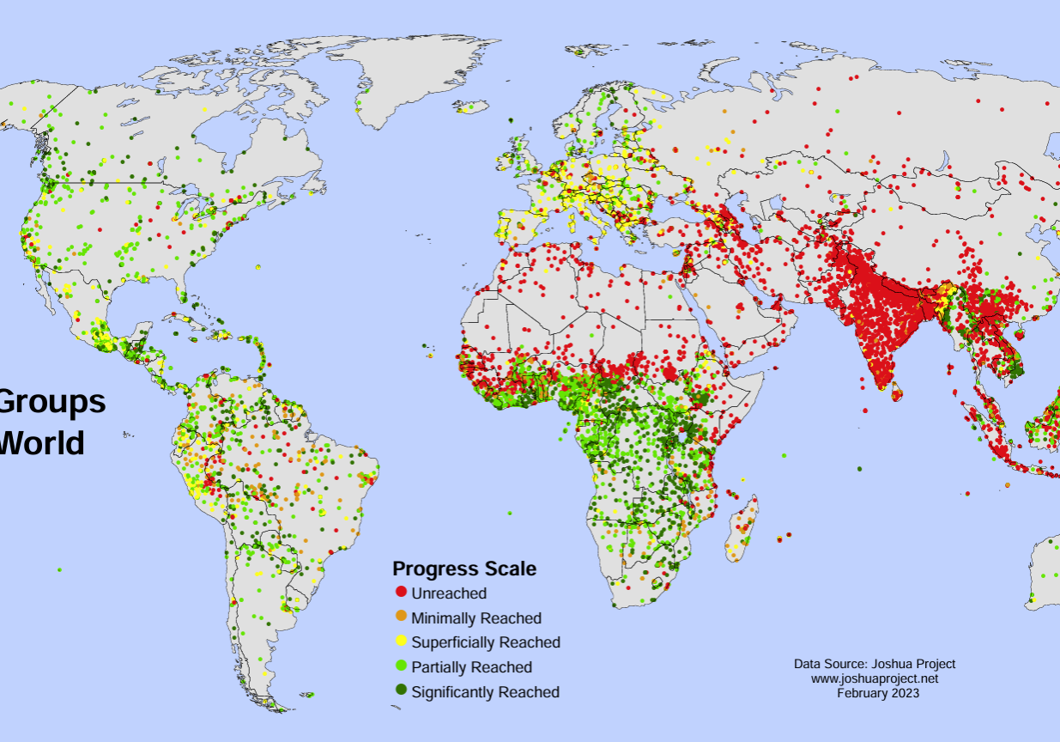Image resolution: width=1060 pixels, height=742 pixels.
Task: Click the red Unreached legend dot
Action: pyautogui.click(x=400, y=593)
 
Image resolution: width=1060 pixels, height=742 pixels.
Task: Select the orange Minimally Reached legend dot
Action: pyautogui.click(x=400, y=617)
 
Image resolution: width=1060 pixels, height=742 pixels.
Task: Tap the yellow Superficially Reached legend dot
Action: pyautogui.click(x=400, y=642)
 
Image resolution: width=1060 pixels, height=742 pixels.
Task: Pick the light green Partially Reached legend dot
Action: pyautogui.click(x=400, y=666)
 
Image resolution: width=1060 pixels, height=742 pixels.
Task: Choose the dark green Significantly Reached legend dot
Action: pyautogui.click(x=400, y=690)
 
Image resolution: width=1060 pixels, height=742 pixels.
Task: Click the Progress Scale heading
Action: pyautogui.click(x=464, y=569)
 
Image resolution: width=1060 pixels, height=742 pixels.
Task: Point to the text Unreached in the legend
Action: pyautogui.click(x=449, y=593)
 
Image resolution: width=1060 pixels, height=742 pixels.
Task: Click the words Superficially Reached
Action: pyautogui.click(x=486, y=642)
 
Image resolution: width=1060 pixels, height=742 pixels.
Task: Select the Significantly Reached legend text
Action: pyautogui.click(x=486, y=692)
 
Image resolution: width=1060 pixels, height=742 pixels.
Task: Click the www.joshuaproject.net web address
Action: pyautogui.click(x=875, y=678)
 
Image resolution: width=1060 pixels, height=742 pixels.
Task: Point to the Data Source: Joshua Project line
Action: pyautogui.click(x=875, y=664)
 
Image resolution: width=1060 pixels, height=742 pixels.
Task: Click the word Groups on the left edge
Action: pyautogui.click(x=51, y=402)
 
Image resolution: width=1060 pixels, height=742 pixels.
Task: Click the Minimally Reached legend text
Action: pyautogui.click(x=476, y=618)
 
